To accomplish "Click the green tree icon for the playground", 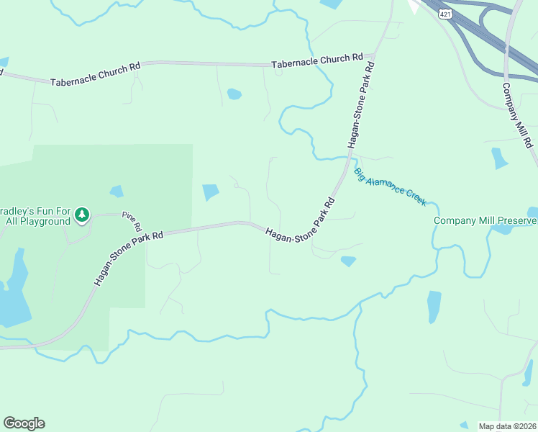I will (83, 215).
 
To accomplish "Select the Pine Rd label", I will (129, 217).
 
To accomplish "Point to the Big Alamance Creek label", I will (391, 186).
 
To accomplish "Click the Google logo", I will (24, 423).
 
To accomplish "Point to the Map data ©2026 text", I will (508, 426).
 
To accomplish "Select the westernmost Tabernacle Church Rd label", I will (95, 75).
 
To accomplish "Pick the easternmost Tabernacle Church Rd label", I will (317, 61).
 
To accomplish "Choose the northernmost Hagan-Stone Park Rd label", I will (361, 105).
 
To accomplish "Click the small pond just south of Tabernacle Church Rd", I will (234, 94).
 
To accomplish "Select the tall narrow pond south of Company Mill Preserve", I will (434, 306).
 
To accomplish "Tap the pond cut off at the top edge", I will (332, 4).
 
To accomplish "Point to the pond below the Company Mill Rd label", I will (498, 158).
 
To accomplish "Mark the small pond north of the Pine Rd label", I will (117, 192).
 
